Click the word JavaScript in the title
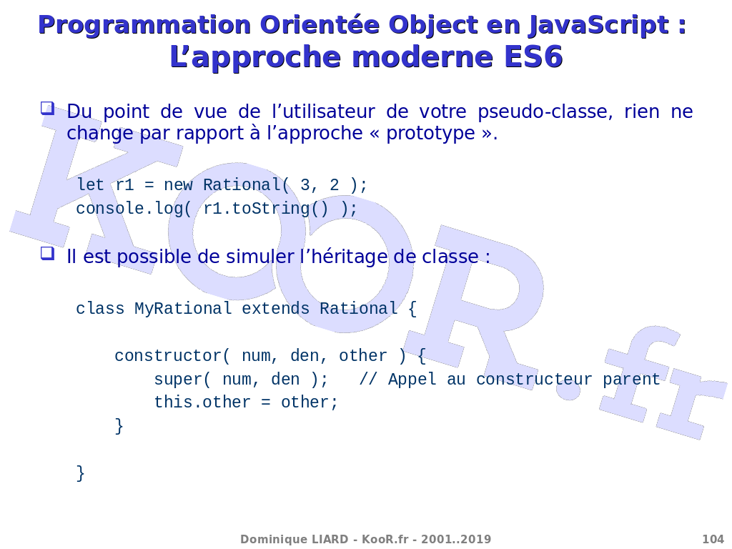pyautogui.click(x=599, y=25)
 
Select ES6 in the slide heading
pyautogui.click(x=533, y=57)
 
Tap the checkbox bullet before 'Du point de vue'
pyautogui.click(x=47, y=108)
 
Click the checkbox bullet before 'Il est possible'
pyautogui.click(x=47, y=253)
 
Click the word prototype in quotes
pyautogui.click(x=431, y=134)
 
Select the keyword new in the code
pyautogui.click(x=178, y=185)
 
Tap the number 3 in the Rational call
pyautogui.click(x=305, y=185)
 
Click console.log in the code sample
pyautogui.click(x=130, y=209)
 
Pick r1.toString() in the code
pyautogui.click(x=266, y=209)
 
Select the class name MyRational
pyautogui.click(x=183, y=309)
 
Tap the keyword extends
pyautogui.click(x=275, y=309)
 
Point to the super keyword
pyautogui.click(x=178, y=380)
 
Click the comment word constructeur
pyautogui.click(x=534, y=379)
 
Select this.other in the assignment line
pyautogui.click(x=202, y=402)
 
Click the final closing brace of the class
pyautogui.click(x=80, y=473)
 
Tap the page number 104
pyautogui.click(x=713, y=540)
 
